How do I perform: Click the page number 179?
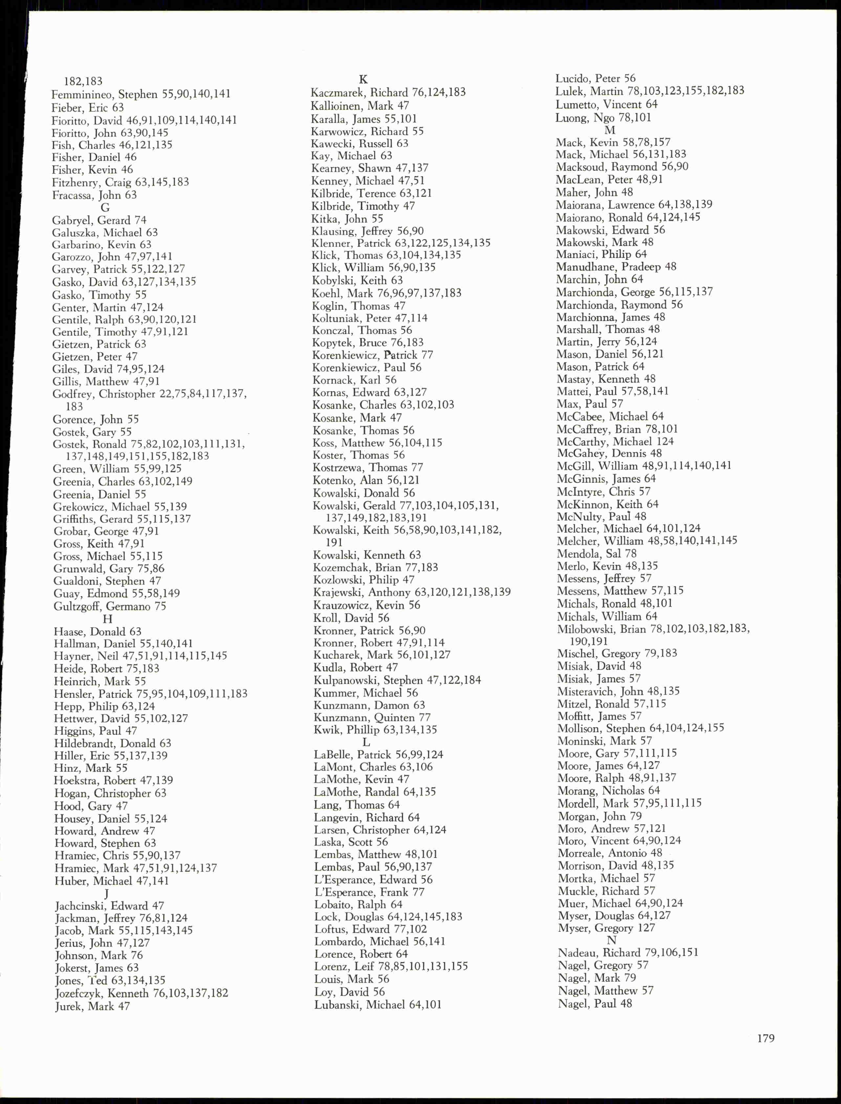[x=766, y=1038]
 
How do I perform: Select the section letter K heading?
[x=363, y=79]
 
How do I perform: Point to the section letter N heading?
[x=611, y=940]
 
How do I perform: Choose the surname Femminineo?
[x=83, y=94]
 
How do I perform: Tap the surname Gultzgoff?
[x=77, y=606]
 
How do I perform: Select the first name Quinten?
[x=395, y=717]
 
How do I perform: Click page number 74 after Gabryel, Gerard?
[x=140, y=220]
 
